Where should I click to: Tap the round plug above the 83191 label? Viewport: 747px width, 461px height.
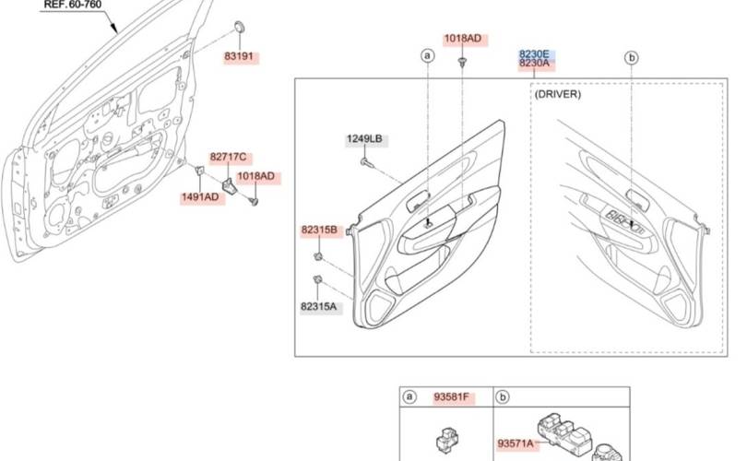tap(239, 25)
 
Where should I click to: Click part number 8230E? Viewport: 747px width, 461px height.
tap(534, 53)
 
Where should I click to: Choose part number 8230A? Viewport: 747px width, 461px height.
tap(534, 64)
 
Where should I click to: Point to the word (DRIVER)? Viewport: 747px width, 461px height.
tap(558, 94)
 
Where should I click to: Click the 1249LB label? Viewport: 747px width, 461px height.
tap(364, 139)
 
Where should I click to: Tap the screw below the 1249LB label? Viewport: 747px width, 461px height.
tap(366, 162)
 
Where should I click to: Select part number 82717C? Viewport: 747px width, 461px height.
tap(229, 158)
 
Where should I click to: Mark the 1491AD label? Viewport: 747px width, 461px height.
tap(199, 196)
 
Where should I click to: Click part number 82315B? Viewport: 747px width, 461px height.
tap(318, 229)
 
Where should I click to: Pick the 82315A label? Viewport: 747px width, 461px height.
tap(318, 306)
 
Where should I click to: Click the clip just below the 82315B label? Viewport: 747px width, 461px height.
tap(318, 254)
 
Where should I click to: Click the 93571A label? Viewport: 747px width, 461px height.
tap(516, 443)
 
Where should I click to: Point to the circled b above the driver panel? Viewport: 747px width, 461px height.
tap(632, 58)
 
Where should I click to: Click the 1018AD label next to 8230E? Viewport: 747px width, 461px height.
tap(462, 39)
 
